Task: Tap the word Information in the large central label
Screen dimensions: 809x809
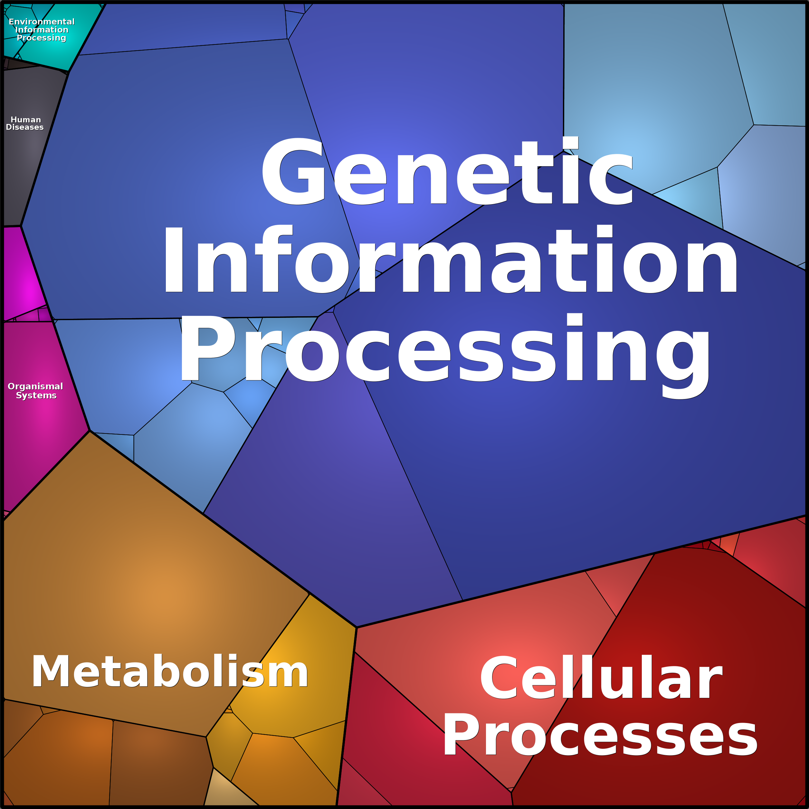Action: (x=451, y=259)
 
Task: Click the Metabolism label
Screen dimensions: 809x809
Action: (x=170, y=672)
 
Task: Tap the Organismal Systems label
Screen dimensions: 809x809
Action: (x=36, y=391)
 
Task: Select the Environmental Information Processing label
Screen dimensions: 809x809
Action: (x=42, y=30)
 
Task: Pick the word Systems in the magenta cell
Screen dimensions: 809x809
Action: (x=36, y=395)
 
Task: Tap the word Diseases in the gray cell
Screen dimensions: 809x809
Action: (x=25, y=127)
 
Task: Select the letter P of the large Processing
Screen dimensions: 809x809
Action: (x=206, y=347)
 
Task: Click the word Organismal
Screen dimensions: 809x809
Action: (x=36, y=386)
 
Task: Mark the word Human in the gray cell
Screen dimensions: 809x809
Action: (x=26, y=120)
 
